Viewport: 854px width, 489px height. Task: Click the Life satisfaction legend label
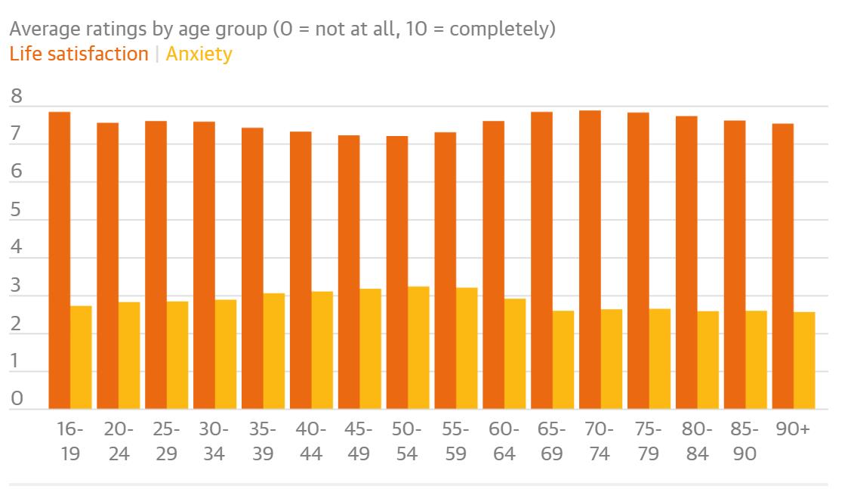pos(79,54)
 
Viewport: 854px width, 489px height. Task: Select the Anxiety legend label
pos(199,54)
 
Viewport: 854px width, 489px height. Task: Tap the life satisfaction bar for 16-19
pos(60,261)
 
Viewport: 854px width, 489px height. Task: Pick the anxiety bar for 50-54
pos(418,348)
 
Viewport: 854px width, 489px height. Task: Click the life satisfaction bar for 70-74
pos(590,260)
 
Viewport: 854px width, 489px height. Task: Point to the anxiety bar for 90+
pos(804,361)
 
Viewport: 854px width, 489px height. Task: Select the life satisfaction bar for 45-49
pos(349,272)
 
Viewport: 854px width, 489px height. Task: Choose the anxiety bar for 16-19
pos(81,357)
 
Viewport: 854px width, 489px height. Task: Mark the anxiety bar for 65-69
pos(563,360)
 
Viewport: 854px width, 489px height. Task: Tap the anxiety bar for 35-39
pos(274,351)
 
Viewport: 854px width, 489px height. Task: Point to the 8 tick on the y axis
pos(17,97)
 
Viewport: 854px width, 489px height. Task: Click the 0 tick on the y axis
pos(17,399)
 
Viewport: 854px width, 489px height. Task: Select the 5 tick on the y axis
pos(17,210)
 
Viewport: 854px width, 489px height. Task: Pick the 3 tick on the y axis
pos(17,286)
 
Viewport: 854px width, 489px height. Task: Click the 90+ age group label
pos(793,429)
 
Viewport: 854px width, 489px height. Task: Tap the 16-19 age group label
pos(70,441)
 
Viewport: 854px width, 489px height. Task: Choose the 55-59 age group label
pos(456,441)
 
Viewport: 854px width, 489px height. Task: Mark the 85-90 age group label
pos(745,441)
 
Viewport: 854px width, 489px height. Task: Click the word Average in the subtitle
pos(45,30)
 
